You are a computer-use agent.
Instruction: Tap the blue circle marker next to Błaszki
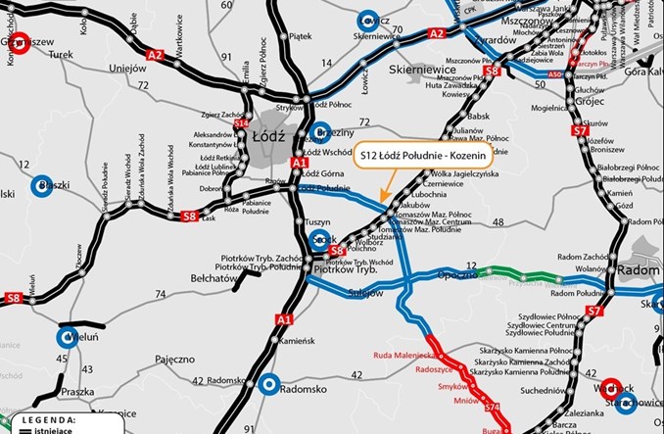(43, 185)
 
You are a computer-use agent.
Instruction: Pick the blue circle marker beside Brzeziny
(319, 131)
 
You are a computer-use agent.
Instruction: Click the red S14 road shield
(241, 124)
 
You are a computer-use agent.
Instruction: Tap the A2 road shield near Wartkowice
(156, 56)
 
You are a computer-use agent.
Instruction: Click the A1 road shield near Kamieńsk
(284, 319)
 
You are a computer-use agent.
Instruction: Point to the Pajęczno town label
(173, 360)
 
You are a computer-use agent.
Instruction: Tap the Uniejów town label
(127, 68)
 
